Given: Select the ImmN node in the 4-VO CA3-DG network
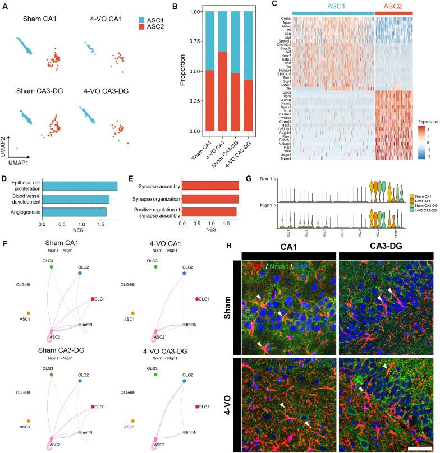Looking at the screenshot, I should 186,431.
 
